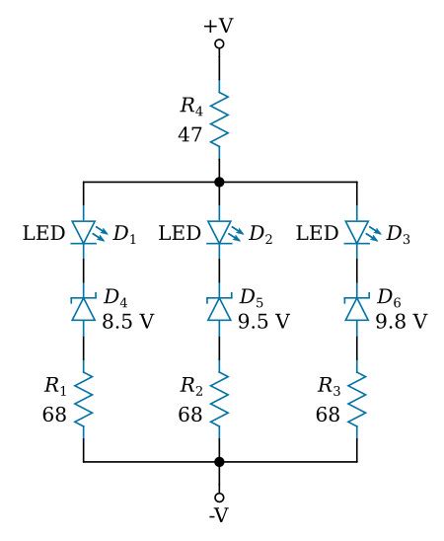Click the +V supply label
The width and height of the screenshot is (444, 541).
point(219,24)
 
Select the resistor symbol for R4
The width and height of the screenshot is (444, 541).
point(219,116)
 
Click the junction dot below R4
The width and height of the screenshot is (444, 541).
point(219,183)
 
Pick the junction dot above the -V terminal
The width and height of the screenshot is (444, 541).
point(219,461)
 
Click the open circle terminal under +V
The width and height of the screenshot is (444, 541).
point(219,44)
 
